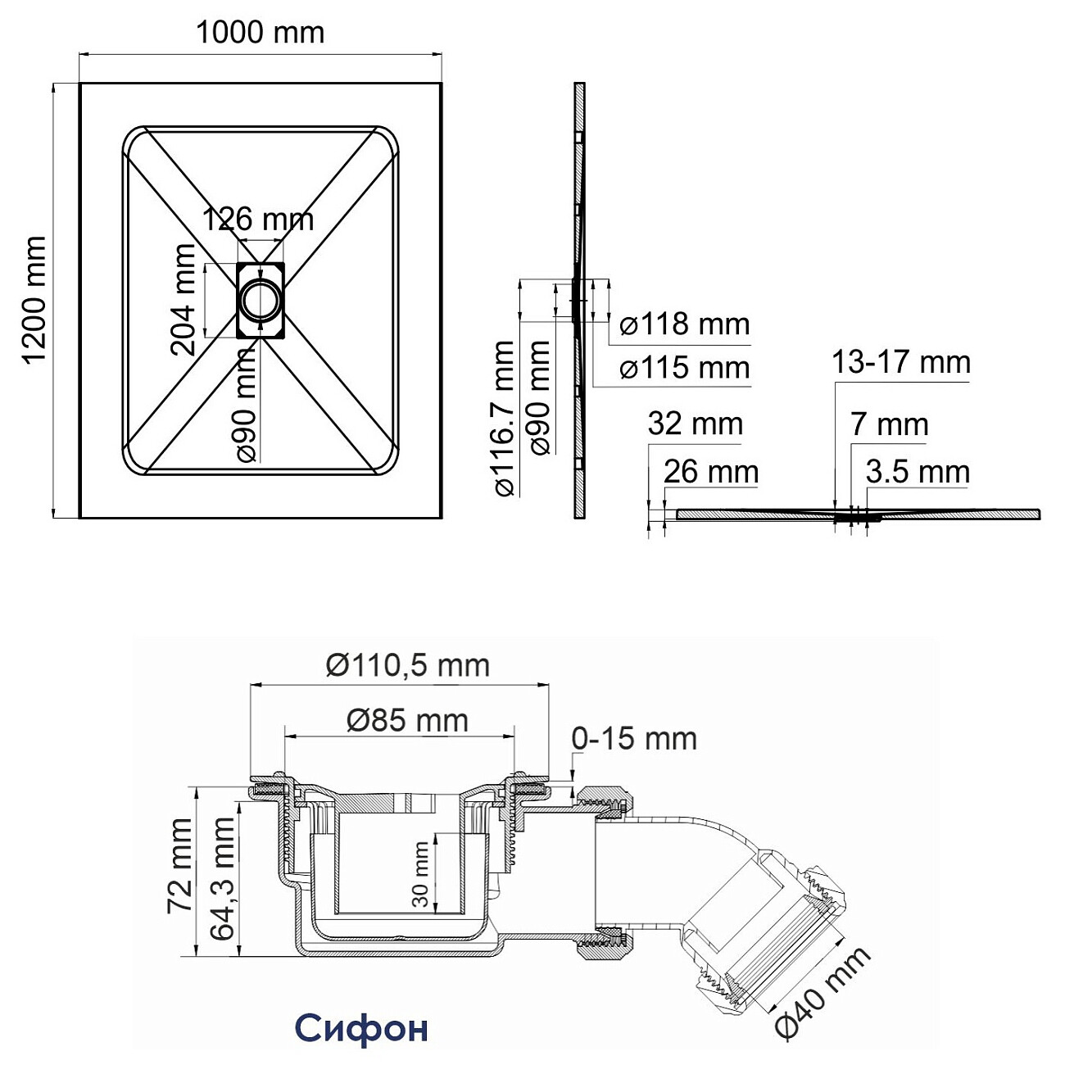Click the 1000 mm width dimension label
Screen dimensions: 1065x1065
click(260, 33)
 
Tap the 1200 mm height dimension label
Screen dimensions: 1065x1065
click(34, 300)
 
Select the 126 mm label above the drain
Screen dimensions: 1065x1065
click(258, 219)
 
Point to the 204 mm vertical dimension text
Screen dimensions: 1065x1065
click(184, 300)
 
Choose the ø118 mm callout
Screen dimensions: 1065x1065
click(684, 324)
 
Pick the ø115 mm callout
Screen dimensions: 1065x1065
click(684, 368)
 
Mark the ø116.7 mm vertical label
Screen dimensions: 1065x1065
click(504, 419)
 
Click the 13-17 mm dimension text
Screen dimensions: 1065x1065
click(901, 362)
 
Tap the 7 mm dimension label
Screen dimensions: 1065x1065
click(889, 424)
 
